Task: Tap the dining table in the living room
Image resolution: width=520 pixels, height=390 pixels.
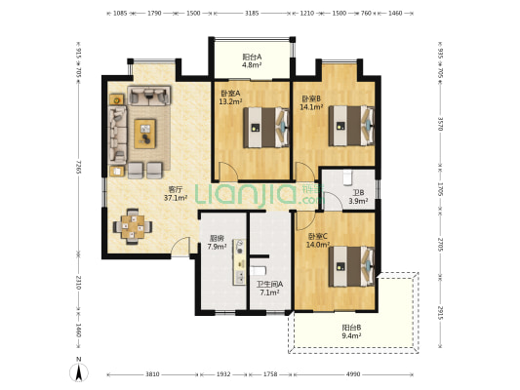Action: (133, 226)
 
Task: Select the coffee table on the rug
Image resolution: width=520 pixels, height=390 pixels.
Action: (145, 134)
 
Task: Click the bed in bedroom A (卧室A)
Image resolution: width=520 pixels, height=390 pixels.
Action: (266, 128)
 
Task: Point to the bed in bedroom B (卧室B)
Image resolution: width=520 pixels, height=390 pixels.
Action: (351, 126)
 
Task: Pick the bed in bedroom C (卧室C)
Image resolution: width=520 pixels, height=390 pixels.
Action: (351, 266)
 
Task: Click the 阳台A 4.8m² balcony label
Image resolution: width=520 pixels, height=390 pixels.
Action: (252, 60)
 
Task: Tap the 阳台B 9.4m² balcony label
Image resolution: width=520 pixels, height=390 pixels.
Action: (351, 331)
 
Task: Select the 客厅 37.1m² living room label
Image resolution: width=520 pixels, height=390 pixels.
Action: (176, 194)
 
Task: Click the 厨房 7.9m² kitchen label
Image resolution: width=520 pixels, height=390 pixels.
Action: (217, 242)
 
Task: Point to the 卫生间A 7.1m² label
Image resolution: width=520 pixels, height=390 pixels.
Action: (269, 289)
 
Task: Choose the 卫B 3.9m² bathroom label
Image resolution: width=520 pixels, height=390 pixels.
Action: (358, 197)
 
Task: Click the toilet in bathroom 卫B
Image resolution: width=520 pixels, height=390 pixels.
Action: (347, 177)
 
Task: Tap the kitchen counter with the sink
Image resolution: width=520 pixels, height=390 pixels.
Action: (239, 261)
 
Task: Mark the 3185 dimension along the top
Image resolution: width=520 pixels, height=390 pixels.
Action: (252, 13)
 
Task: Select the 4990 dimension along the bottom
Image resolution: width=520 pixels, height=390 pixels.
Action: (353, 374)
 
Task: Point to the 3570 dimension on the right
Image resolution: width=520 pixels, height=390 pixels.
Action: (440, 123)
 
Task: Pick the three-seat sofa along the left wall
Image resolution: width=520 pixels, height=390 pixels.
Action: (117, 135)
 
